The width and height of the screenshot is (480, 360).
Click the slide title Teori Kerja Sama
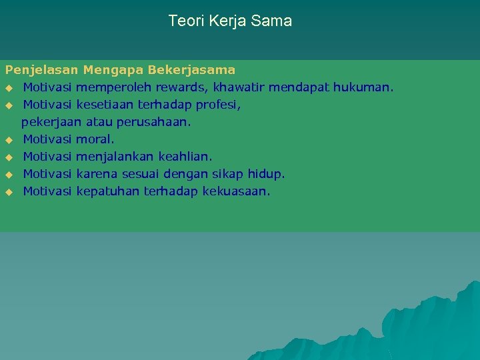pos(230,21)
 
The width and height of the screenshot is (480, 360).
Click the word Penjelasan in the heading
pos(42,69)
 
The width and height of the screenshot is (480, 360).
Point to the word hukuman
pos(366,87)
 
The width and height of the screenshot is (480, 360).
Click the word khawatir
pos(240,87)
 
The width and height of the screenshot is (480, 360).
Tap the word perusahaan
pos(153,122)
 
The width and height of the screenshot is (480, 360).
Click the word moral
pos(95,139)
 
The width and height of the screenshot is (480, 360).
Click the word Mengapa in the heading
pos(113,70)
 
